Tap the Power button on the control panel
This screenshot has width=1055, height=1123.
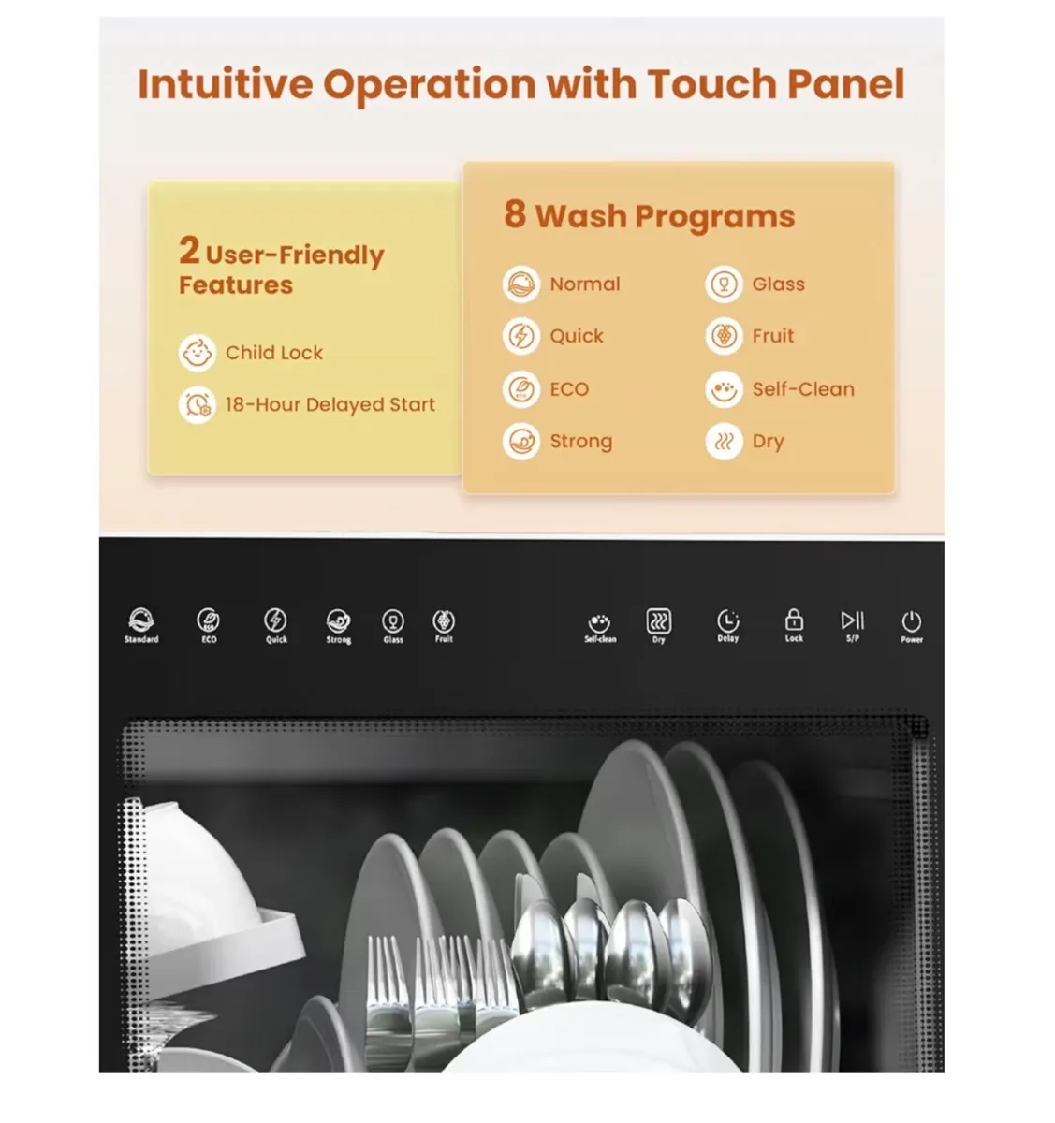pyautogui.click(x=911, y=622)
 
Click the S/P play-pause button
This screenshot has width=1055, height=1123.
pyautogui.click(x=852, y=621)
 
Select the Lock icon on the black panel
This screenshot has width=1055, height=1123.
pyautogui.click(x=794, y=621)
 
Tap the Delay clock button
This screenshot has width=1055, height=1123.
pyautogui.click(x=727, y=621)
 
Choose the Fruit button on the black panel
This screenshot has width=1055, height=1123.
pyautogui.click(x=444, y=621)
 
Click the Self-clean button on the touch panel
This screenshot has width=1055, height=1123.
pyautogui.click(x=600, y=623)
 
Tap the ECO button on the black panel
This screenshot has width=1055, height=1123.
pyautogui.click(x=209, y=621)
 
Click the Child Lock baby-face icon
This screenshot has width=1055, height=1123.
pyautogui.click(x=197, y=353)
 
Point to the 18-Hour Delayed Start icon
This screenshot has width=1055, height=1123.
pyautogui.click(x=197, y=405)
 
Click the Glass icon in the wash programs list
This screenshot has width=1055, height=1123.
pyautogui.click(x=723, y=284)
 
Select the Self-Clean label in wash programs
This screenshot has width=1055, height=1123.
pyautogui.click(x=803, y=389)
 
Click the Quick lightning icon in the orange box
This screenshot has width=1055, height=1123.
pyautogui.click(x=521, y=336)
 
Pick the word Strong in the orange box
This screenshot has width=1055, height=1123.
pyautogui.click(x=580, y=442)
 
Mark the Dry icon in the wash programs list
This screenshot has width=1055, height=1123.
pyautogui.click(x=723, y=442)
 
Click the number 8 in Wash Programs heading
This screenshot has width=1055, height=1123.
pyautogui.click(x=515, y=213)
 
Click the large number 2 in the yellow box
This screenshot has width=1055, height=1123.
pyautogui.click(x=189, y=250)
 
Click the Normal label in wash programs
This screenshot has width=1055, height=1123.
pyautogui.click(x=584, y=284)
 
